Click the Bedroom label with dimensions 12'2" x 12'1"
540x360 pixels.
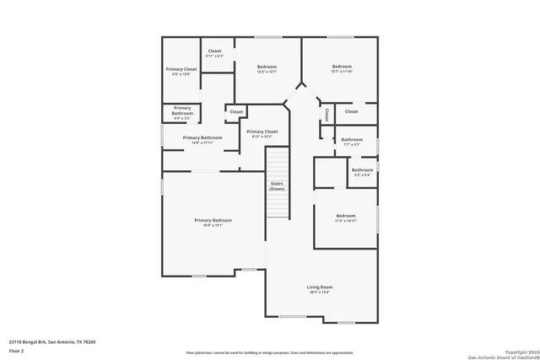[x=267, y=67]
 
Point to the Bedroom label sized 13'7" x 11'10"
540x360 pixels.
[x=342, y=67]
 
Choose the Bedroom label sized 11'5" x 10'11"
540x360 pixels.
[x=346, y=216]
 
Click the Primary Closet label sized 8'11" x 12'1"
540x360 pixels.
[x=262, y=132]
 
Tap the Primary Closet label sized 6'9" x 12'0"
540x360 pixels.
[x=181, y=69]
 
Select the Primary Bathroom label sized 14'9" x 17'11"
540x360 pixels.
[x=202, y=137]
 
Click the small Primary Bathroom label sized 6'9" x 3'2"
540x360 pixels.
[x=182, y=108]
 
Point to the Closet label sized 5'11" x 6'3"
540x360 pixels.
[x=216, y=51]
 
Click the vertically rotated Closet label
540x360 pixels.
[x=327, y=114]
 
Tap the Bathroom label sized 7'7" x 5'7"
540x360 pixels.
[x=352, y=139]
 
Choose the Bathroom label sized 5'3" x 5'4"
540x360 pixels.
[x=363, y=171]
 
